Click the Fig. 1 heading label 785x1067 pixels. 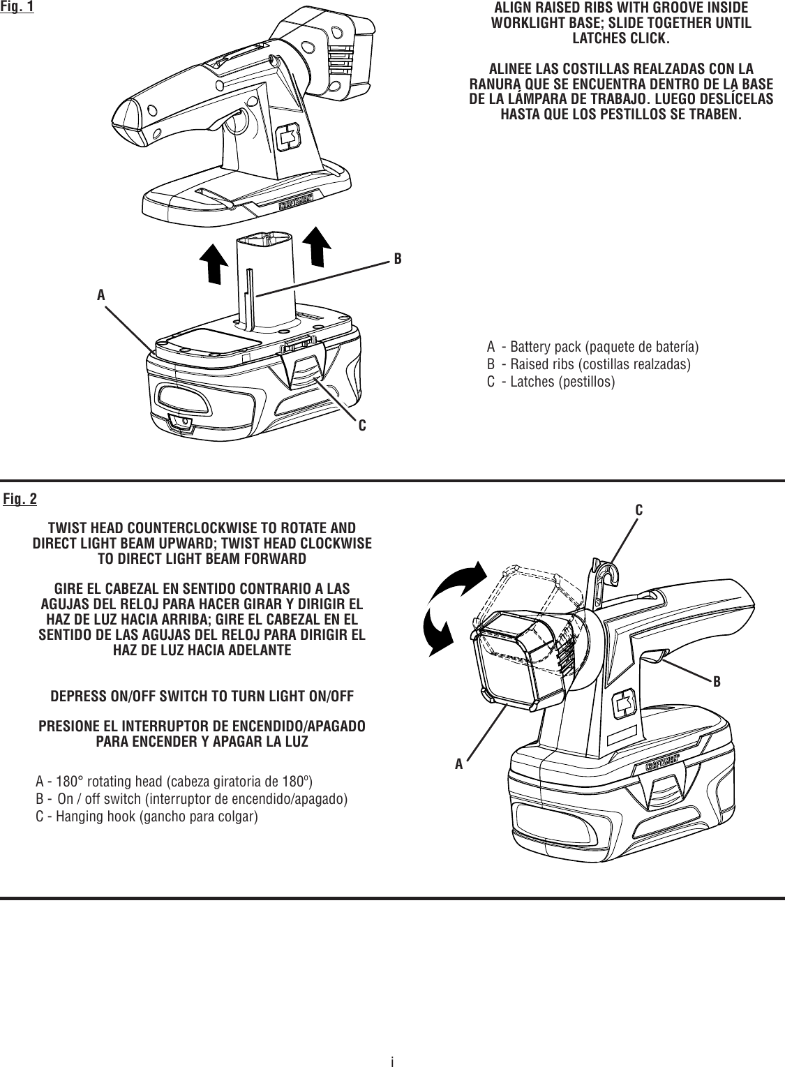point(17,8)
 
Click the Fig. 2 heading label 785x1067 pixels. point(20,500)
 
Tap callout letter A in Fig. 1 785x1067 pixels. point(101,295)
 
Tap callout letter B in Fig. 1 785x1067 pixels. point(397,258)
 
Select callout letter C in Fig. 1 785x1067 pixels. point(362,424)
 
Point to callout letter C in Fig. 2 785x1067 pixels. point(638,510)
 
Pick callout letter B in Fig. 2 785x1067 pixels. point(717,680)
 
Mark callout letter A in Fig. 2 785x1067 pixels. point(458,764)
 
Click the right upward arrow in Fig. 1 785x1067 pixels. point(319,246)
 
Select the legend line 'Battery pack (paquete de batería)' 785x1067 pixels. point(592,347)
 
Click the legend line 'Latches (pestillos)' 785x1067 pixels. point(551,382)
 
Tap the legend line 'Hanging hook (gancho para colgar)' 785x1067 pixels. point(147,816)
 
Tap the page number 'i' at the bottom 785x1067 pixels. point(392,1061)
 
